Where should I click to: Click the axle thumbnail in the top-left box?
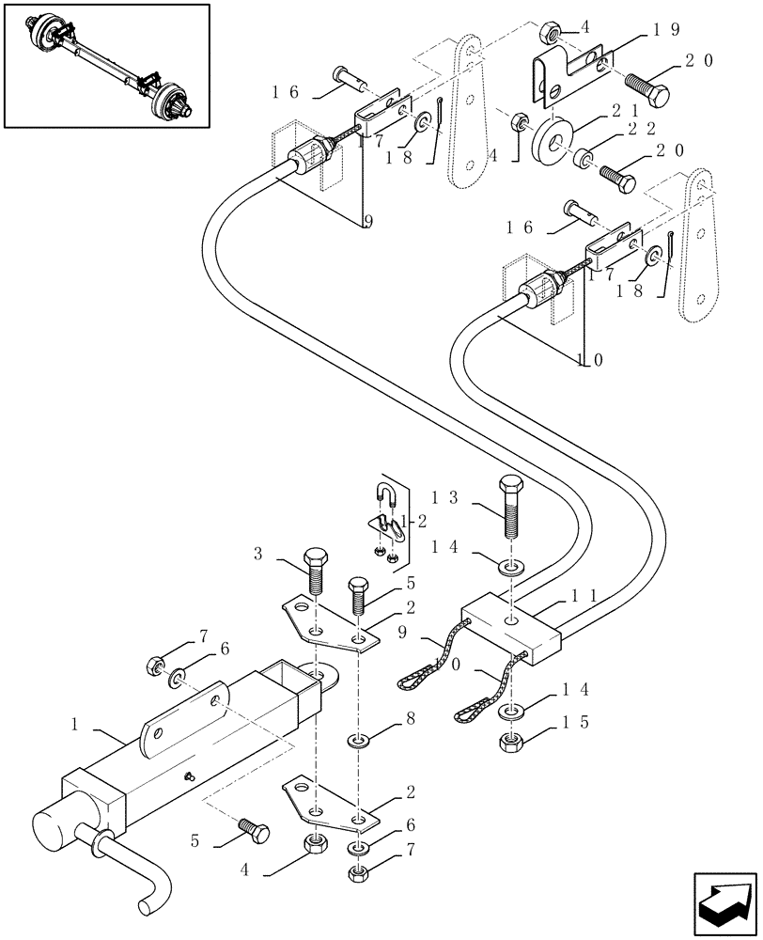click(x=105, y=65)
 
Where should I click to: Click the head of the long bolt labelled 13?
click(x=510, y=489)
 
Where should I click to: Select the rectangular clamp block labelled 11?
click(x=512, y=628)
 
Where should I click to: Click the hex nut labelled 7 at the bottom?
click(x=357, y=873)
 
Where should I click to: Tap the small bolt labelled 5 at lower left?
click(x=253, y=830)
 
